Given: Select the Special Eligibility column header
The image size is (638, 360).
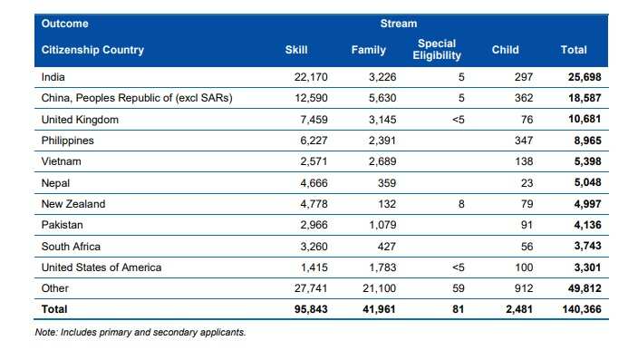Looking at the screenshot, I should click(439, 50).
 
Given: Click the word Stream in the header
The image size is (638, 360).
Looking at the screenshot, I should click(399, 24).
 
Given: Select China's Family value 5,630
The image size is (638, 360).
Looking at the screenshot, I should click(370, 98).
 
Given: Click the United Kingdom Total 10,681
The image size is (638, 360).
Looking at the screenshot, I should click(583, 120).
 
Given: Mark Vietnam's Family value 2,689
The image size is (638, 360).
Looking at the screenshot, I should click(370, 161).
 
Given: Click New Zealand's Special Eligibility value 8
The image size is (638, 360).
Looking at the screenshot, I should click(460, 204).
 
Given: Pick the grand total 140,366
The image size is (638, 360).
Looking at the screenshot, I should click(580, 309).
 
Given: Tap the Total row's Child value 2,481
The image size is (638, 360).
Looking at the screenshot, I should click(515, 309).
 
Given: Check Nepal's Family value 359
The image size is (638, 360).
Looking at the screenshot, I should click(374, 183).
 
